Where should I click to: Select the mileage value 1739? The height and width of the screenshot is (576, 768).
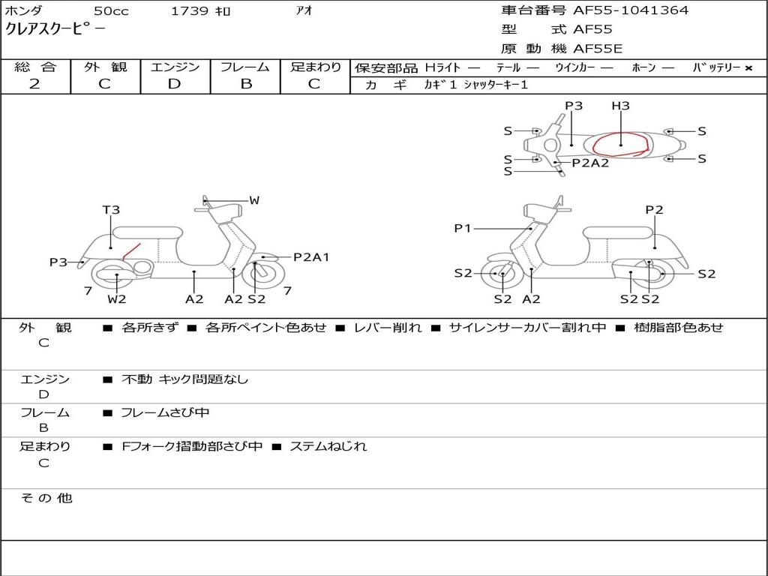[190, 10]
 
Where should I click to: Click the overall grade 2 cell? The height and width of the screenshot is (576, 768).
[34, 84]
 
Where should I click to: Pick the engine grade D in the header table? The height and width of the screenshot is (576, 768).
[175, 84]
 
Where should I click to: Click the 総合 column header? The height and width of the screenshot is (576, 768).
[35, 67]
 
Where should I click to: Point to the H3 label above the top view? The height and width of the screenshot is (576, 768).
[620, 106]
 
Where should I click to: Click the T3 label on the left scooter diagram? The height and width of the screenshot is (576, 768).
[111, 210]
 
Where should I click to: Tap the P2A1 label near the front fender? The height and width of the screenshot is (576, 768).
[310, 257]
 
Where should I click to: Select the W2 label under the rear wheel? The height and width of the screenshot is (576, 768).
[117, 299]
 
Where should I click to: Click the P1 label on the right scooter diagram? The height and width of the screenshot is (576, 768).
[463, 228]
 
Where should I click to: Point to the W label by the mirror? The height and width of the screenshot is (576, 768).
[254, 200]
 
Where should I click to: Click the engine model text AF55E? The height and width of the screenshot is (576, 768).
[598, 49]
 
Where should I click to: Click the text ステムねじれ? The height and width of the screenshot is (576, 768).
[328, 446]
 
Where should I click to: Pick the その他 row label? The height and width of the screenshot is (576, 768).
[46, 498]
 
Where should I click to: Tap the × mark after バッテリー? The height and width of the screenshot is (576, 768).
[748, 67]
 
